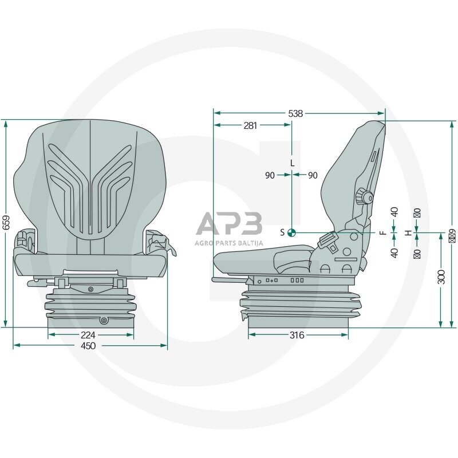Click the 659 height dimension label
point(6,222)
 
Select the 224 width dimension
point(88,335)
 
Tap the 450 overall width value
point(88,346)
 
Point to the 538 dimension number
point(295,113)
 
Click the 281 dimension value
point(250,125)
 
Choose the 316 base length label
point(297,335)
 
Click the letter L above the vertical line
point(292,163)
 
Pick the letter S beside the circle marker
point(282,232)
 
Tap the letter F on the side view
point(382,232)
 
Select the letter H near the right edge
point(408,232)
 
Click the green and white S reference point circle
point(291,232)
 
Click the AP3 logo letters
point(229,224)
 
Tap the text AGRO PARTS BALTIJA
point(229,243)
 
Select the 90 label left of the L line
point(270,176)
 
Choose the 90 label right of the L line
point(312,176)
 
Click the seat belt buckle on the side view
point(328,241)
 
